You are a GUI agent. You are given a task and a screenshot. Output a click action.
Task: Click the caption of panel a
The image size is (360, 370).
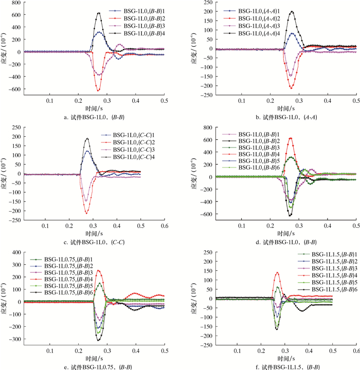100,117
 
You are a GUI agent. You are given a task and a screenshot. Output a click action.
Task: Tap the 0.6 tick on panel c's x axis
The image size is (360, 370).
165,226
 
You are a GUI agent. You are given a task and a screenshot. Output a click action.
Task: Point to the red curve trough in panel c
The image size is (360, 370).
86,213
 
